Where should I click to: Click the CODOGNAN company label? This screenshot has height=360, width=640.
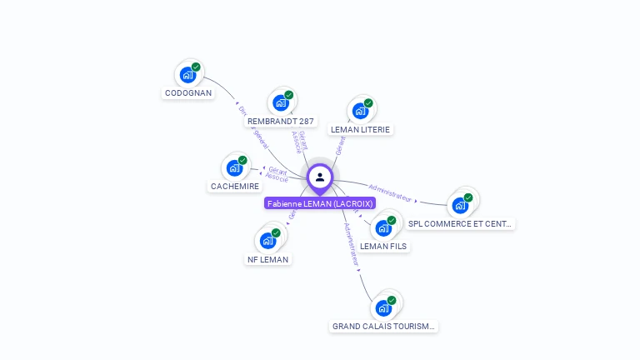click(188, 93)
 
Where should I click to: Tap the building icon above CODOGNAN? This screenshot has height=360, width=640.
click(187, 74)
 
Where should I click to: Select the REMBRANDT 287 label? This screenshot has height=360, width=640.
click(281, 122)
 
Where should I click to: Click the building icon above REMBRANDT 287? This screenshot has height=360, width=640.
click(281, 102)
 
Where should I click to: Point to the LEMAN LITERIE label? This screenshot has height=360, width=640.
click(360, 130)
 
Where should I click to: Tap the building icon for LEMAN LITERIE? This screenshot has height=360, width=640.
click(360, 110)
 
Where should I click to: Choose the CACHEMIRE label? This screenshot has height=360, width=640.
click(235, 187)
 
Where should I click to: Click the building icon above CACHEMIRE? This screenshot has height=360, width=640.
click(235, 167)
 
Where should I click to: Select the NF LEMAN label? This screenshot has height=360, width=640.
click(268, 260)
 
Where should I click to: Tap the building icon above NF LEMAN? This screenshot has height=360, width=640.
click(267, 240)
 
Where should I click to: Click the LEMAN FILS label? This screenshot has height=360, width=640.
click(383, 247)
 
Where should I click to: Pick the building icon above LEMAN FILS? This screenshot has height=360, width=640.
click(383, 227)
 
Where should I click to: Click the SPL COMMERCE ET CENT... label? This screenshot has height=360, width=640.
click(460, 224)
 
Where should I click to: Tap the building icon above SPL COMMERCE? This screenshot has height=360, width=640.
click(460, 205)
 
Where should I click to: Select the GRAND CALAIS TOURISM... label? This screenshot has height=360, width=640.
click(383, 327)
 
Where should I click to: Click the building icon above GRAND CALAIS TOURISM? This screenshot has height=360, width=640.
click(383, 307)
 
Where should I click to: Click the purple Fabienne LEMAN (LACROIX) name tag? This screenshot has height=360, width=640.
click(320, 203)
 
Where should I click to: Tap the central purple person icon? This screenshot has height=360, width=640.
click(320, 177)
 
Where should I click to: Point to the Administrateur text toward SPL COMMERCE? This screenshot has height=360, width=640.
click(390, 193)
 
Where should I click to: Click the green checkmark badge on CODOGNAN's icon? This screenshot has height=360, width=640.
click(196, 67)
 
